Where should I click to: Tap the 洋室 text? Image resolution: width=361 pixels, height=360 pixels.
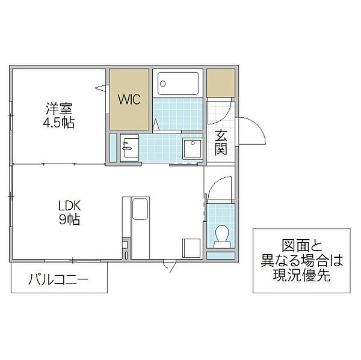[x=60, y=110]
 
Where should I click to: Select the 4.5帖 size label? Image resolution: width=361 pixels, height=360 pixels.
[x=60, y=123]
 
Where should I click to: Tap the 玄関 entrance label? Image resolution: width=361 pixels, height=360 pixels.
[x=221, y=142]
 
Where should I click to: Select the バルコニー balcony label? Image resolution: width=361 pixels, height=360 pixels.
[x=58, y=279]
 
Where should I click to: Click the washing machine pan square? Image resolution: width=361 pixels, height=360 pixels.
[x=193, y=148]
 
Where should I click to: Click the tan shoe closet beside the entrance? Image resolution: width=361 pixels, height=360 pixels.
[x=221, y=84]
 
